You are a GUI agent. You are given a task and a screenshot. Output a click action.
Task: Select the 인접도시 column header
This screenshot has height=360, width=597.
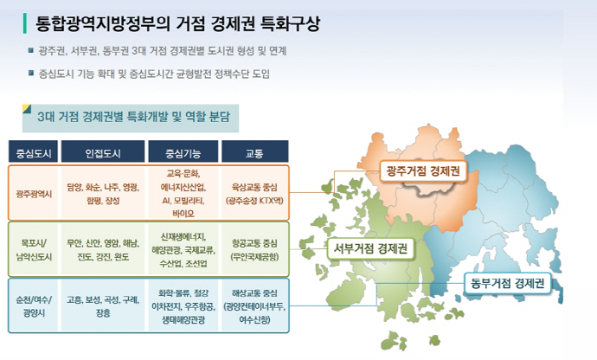click(103, 153)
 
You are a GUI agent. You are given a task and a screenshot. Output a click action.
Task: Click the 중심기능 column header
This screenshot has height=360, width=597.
click(183, 153)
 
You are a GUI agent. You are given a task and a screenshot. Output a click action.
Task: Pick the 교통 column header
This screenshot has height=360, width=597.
click(254, 153)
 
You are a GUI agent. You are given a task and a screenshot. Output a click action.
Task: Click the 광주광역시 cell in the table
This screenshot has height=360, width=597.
click(35, 193)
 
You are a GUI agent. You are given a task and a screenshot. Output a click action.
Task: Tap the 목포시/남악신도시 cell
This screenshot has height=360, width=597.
click(35, 250)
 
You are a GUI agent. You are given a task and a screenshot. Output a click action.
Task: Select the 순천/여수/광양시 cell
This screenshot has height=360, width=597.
click(35, 306)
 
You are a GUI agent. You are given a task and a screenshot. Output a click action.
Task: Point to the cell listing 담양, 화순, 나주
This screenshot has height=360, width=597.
click(103, 192)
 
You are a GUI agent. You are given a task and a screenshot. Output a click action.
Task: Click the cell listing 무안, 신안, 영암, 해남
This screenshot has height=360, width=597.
click(103, 250)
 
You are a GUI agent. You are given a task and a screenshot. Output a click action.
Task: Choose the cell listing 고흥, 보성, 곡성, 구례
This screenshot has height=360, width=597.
click(103, 306)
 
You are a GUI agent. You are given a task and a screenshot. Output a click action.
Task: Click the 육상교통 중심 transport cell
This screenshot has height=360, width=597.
click(255, 192)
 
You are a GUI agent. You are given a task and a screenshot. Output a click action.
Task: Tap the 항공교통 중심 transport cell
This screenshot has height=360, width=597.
click(255, 250)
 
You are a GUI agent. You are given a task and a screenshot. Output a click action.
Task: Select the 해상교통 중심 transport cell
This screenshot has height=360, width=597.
click(255, 306)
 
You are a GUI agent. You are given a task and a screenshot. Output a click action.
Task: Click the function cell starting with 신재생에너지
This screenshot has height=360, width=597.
click(183, 249)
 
